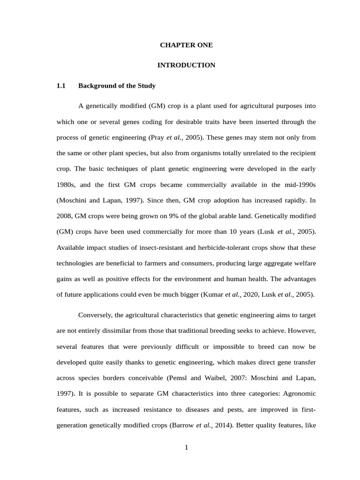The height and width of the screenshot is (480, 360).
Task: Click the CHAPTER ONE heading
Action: point(186,45)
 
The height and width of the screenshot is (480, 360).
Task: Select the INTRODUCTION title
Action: point(186,65)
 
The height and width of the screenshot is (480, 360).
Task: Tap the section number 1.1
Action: point(61,86)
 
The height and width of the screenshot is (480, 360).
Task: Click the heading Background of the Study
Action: point(117,86)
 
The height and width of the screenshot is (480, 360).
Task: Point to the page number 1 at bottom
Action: point(186,447)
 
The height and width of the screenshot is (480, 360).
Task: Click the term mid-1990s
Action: point(300,185)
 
